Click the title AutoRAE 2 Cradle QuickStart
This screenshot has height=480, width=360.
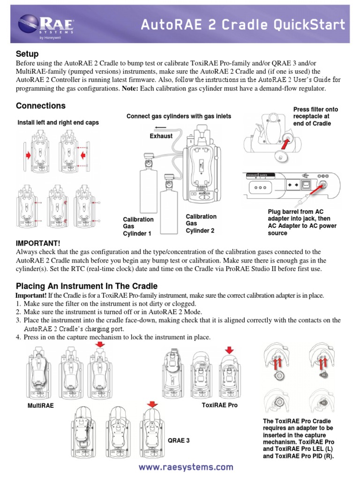243,24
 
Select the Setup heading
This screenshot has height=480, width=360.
27,54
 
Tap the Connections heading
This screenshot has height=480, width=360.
41,105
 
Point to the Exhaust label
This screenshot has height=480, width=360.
161,136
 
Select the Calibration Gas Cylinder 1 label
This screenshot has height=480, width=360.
138,226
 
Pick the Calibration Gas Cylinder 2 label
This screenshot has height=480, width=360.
201,223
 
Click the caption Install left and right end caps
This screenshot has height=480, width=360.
58,122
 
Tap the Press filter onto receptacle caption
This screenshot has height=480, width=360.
315,116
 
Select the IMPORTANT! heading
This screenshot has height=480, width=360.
38,243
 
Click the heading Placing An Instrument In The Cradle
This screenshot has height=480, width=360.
87,286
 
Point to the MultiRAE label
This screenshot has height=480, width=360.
41,405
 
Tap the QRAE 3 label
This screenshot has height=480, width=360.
179,440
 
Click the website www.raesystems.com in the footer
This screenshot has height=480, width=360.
186,467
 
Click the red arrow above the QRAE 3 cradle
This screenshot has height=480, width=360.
151,404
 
